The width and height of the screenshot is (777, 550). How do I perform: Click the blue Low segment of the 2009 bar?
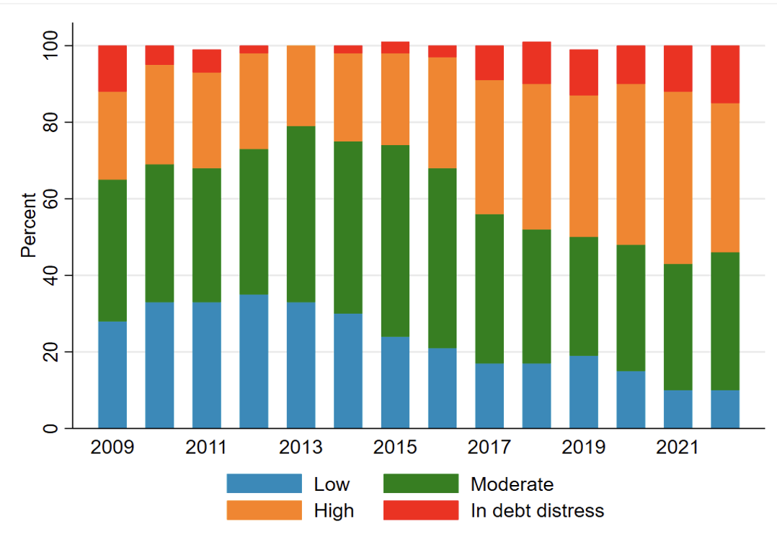tap(112, 375)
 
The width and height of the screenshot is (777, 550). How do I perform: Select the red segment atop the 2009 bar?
tap(112, 69)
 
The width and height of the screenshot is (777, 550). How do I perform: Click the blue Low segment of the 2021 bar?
tap(678, 409)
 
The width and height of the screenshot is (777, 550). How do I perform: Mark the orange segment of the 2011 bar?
tap(207, 120)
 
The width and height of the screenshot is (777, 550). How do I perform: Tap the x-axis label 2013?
tap(301, 448)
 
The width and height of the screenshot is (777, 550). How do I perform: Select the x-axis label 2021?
tap(678, 448)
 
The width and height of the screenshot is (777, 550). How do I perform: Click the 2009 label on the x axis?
tap(112, 448)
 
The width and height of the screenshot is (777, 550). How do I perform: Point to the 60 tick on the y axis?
tap(50, 199)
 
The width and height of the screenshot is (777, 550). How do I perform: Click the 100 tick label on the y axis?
tap(50, 46)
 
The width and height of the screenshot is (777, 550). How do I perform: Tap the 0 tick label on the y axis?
tap(50, 429)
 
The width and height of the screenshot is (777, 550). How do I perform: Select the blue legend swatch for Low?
tap(264, 484)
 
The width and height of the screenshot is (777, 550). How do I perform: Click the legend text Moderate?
tap(512, 484)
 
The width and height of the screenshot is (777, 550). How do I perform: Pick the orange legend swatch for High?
tap(264, 510)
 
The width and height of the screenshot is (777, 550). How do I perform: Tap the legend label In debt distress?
tap(537, 510)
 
